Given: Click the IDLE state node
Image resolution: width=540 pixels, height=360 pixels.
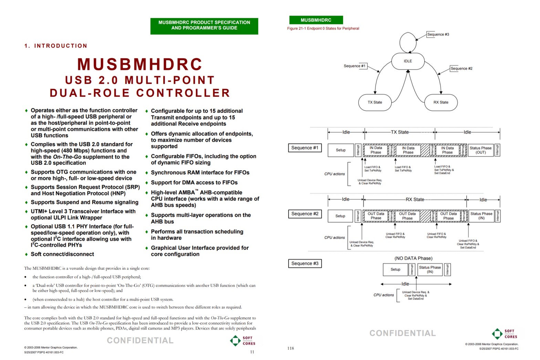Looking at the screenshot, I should (408, 61).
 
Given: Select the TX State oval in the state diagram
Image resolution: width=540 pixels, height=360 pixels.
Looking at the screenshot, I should (375, 102).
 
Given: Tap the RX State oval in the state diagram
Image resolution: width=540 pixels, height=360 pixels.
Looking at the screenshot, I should (441, 102).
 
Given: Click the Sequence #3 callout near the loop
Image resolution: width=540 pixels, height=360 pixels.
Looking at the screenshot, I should (438, 34).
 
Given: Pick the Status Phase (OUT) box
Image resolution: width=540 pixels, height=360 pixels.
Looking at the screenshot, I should (480, 150).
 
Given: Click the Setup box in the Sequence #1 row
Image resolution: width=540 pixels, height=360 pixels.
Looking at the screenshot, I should (341, 150).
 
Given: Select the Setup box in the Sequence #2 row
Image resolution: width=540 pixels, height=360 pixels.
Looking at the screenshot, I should (340, 216).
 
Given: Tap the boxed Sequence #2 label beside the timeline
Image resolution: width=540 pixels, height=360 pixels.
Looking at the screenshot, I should (305, 214).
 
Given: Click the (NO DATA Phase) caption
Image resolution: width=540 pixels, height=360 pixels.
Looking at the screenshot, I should (413, 258).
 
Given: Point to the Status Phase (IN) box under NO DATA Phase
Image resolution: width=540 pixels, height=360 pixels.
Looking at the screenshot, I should (430, 269).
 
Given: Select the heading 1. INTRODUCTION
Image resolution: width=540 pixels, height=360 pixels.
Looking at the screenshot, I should (56, 46).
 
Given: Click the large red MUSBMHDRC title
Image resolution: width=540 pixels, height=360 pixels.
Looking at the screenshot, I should (140, 64).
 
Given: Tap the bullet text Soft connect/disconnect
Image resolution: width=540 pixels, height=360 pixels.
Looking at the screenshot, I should (62, 254).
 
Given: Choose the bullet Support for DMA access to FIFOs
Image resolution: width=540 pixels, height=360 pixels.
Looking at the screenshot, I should (194, 183).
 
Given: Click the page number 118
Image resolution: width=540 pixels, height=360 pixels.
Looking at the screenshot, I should (291, 348).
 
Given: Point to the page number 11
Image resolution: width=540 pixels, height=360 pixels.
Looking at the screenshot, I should (252, 352).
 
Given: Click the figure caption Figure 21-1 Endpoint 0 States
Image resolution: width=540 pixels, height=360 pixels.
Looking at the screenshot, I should (323, 29).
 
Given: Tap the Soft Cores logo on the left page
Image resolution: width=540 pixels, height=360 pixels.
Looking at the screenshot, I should (242, 341).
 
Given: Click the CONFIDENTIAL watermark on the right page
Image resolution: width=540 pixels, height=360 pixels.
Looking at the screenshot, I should (403, 333).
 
